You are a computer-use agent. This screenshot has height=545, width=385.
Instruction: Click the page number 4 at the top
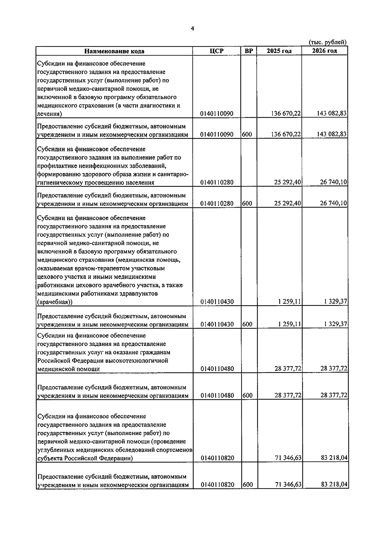pyautogui.click(x=192, y=29)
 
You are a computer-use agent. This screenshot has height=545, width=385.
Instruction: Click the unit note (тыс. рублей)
pyautogui.click(x=328, y=42)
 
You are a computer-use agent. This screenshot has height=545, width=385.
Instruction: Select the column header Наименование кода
pyautogui.click(x=114, y=51)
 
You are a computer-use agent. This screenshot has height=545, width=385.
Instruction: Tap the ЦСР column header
pyautogui.click(x=217, y=51)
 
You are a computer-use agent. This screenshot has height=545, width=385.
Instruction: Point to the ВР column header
pyautogui.click(x=249, y=51)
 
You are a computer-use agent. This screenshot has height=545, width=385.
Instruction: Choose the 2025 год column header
pyautogui.click(x=279, y=51)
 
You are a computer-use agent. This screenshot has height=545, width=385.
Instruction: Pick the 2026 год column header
pyautogui.click(x=325, y=51)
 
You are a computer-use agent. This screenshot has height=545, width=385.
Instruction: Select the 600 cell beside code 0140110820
pyautogui.click(x=247, y=485)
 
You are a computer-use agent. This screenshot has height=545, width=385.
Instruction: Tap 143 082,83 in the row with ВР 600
pyautogui.click(x=331, y=134)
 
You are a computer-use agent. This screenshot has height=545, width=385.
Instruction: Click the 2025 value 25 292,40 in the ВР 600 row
pyautogui.click(x=287, y=203)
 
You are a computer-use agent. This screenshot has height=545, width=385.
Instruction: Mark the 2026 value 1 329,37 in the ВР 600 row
pyautogui.click(x=336, y=324)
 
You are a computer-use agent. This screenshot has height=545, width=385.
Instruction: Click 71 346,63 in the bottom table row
pyautogui.click(x=288, y=485)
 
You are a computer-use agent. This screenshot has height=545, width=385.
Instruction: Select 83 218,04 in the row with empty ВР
pyautogui.click(x=334, y=458)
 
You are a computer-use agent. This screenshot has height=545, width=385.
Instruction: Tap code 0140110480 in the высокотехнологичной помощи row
pyautogui.click(x=217, y=369)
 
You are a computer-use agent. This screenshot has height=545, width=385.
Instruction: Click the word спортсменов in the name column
pyautogui.click(x=176, y=450)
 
